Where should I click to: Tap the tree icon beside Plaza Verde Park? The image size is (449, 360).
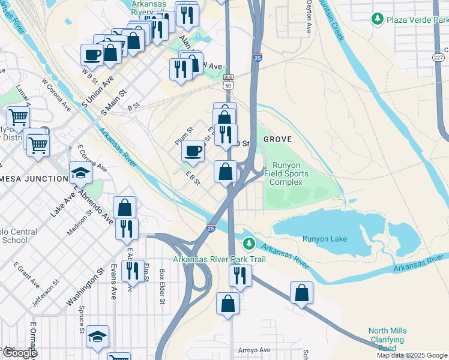(x=378, y=19)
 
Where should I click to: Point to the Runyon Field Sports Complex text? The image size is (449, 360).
(x=291, y=173)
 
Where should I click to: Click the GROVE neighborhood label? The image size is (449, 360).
(x=277, y=139)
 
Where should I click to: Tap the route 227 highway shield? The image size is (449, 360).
(x=439, y=56)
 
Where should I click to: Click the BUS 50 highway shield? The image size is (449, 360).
(x=228, y=82)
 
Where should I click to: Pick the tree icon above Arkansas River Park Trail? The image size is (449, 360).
(x=249, y=244)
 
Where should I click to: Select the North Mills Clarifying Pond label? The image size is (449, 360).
(x=387, y=339)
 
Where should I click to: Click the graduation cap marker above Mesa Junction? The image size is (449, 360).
(x=80, y=173)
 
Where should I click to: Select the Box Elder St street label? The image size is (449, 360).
(x=162, y=287)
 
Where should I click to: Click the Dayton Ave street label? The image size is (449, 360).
(x=309, y=16)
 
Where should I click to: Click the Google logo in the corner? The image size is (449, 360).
(x=19, y=353)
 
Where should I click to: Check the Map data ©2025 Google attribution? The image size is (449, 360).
(x=412, y=355)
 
